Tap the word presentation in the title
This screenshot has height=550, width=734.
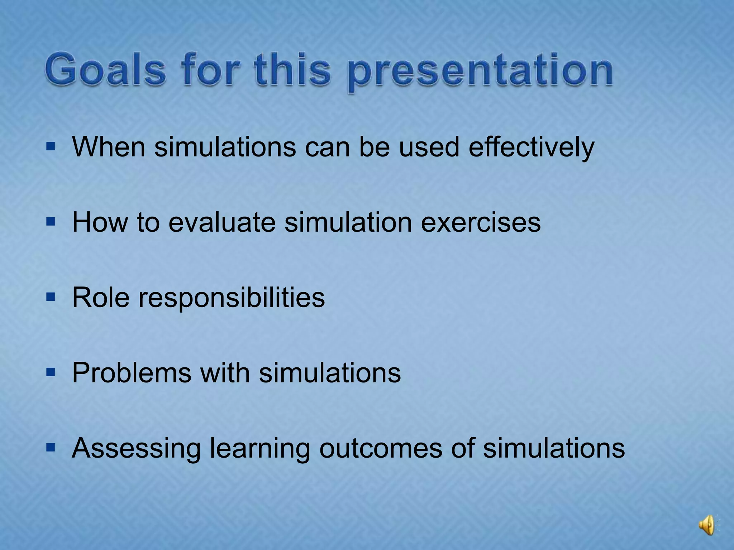[x=480, y=71]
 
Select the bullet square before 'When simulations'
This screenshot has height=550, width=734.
[x=51, y=146]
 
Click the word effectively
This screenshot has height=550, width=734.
[x=531, y=147]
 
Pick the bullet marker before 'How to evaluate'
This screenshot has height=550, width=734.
[x=51, y=222]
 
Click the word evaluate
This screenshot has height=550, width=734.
[x=222, y=222]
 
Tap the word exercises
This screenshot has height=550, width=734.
[x=481, y=222]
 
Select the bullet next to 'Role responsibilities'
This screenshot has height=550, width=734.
[x=51, y=297]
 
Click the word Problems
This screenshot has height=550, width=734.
[x=132, y=373]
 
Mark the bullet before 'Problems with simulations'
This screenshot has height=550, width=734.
[x=51, y=372]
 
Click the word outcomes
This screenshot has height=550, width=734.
[x=380, y=448]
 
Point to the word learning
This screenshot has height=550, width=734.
[x=259, y=449]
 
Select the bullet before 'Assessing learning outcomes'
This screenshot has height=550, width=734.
[x=51, y=448]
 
